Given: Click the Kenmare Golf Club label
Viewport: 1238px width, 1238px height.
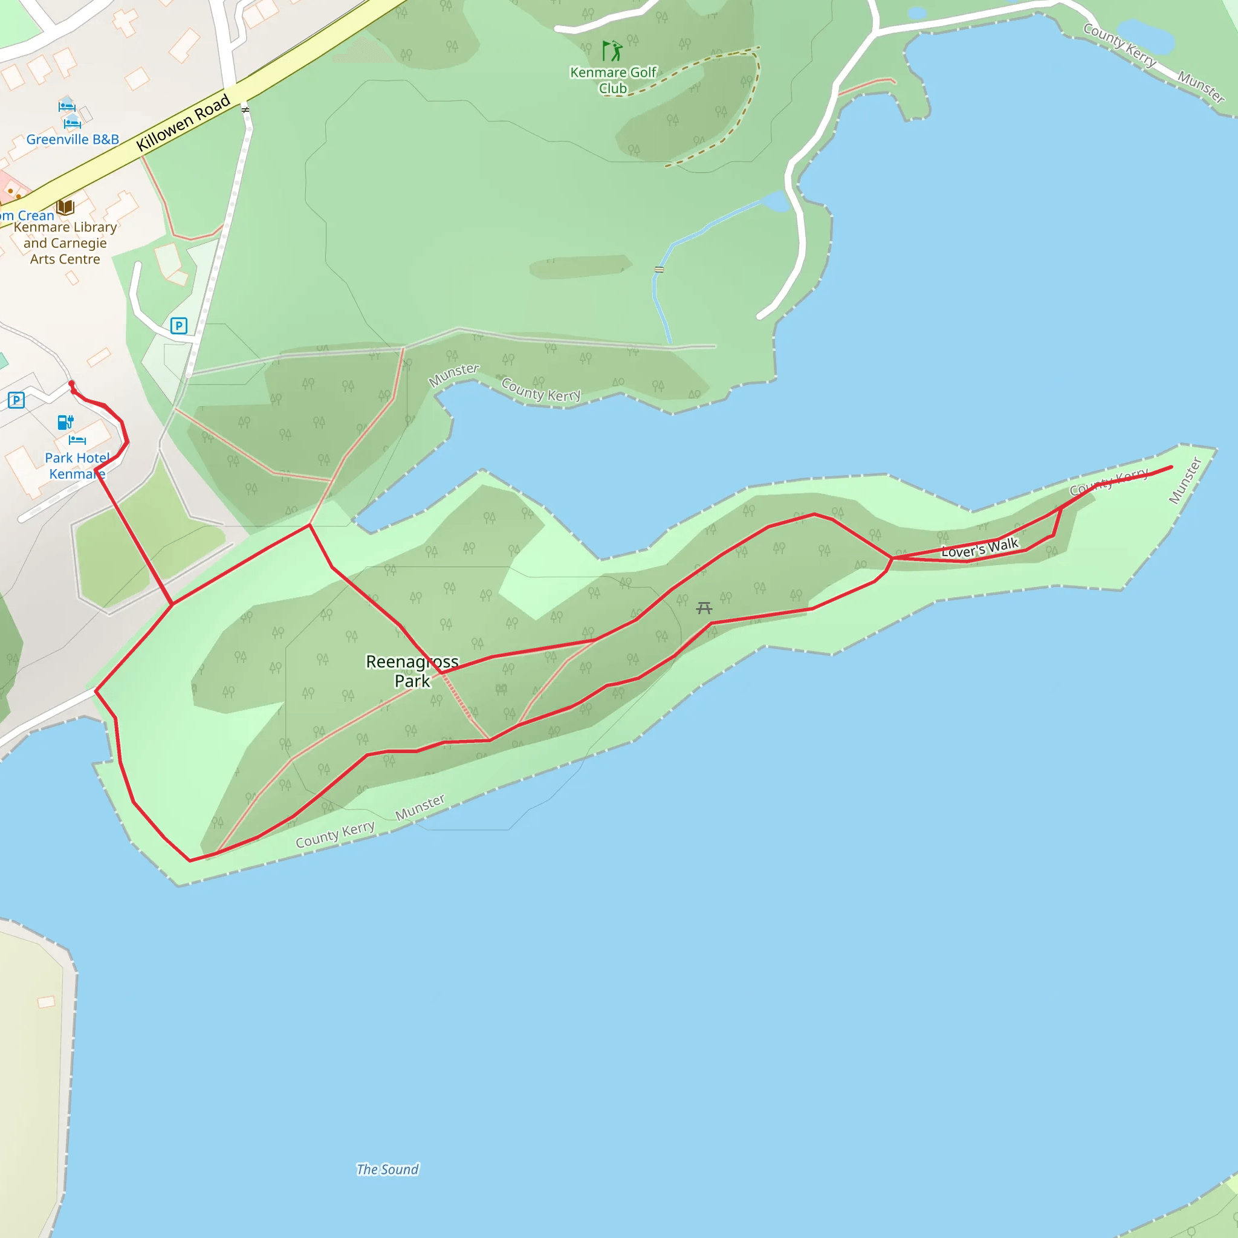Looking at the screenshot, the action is (612, 80).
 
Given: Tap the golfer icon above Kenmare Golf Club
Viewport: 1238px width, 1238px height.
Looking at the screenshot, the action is (612, 51).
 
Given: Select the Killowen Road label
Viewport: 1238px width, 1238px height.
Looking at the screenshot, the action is (183, 122).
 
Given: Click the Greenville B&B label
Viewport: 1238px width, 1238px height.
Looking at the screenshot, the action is (73, 139).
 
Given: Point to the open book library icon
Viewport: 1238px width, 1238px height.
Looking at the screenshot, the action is (65, 207).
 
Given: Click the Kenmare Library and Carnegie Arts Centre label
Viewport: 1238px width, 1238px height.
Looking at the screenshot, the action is (65, 243).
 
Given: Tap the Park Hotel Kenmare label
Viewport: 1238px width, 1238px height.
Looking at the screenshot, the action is (77, 466).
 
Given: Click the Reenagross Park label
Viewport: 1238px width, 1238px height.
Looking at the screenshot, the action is (412, 671).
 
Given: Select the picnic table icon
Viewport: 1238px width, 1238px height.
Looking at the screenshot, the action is (704, 608).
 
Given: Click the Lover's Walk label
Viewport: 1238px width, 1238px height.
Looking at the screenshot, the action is (979, 548).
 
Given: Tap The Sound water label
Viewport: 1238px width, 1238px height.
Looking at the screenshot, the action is (387, 1170).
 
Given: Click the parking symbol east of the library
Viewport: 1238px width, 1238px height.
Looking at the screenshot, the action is (179, 326).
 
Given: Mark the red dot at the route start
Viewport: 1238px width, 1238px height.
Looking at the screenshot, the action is (72, 384).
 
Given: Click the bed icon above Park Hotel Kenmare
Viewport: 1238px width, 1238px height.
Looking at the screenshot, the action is (77, 439).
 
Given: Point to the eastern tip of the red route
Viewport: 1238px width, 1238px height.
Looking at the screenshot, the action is (1172, 467).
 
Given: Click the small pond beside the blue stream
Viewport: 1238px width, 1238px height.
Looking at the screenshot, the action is (776, 201).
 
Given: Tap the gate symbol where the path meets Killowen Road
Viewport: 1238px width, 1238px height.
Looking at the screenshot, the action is (245, 109).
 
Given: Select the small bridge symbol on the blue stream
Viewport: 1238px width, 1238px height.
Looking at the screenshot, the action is (659, 270).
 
